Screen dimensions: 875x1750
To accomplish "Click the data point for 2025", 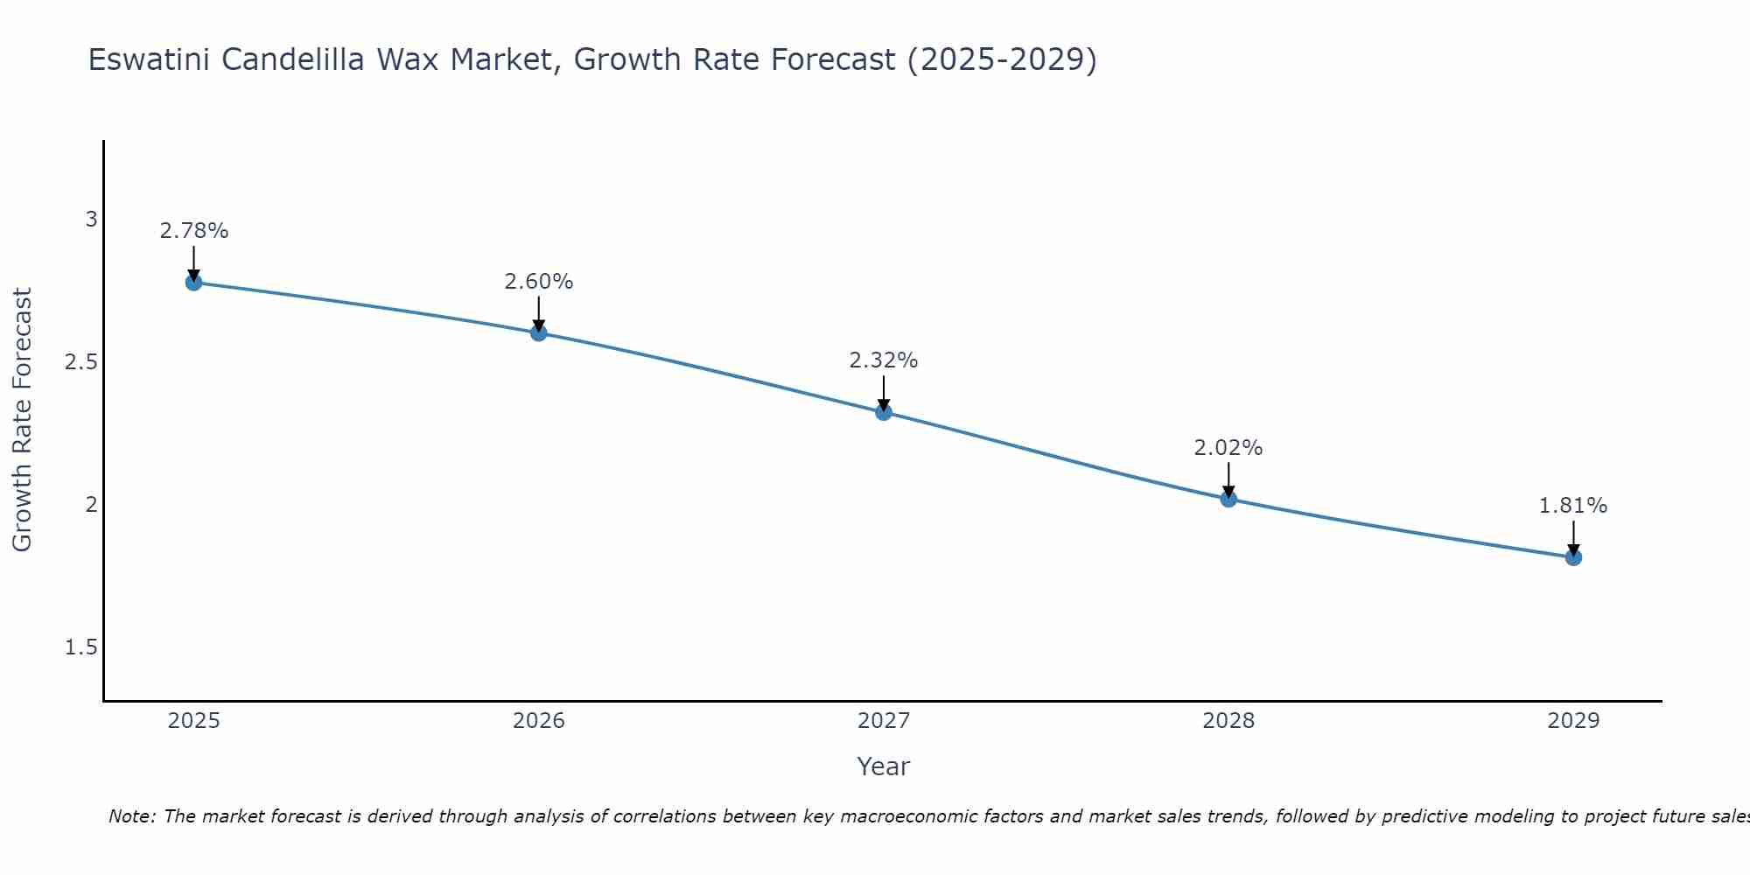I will (x=193, y=282).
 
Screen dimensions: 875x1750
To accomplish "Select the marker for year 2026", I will (x=538, y=332).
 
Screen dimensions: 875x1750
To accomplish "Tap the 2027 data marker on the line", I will (x=884, y=411).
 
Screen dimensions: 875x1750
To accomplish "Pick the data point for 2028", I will (x=1228, y=499).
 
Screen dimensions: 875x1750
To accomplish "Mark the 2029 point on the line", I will (x=1573, y=556).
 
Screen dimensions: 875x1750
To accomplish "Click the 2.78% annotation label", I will (x=193, y=231).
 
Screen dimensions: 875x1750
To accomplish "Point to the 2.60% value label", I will (x=538, y=282).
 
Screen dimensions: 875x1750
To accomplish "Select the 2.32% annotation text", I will (x=884, y=360).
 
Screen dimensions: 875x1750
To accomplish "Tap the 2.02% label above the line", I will (x=1228, y=448).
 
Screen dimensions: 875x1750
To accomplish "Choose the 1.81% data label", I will (x=1573, y=506).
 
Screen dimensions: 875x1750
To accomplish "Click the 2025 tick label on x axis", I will (x=193, y=721).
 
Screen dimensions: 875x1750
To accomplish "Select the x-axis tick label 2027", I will (x=884, y=721).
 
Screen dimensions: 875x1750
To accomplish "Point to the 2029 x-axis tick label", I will (x=1573, y=721).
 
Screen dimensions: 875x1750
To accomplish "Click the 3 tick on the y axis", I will (x=91, y=219).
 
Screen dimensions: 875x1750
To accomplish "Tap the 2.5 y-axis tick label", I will (x=81, y=361).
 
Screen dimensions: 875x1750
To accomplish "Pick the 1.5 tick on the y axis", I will (x=81, y=647).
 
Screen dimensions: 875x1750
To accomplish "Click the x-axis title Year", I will (x=884, y=766).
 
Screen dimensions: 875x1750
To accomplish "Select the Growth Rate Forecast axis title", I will (x=22, y=420).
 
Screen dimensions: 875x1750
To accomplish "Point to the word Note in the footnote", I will (x=131, y=816).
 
